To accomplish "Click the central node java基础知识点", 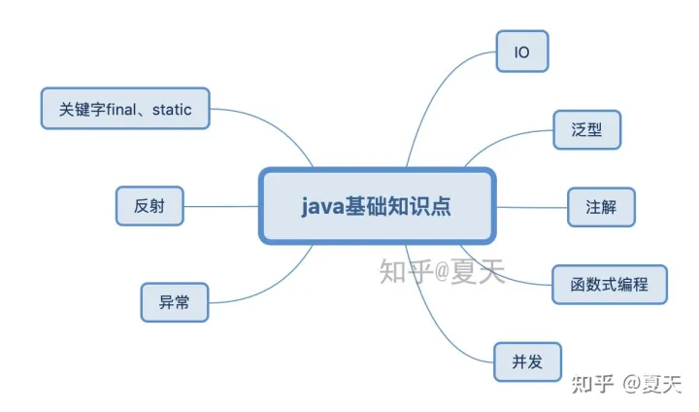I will click(x=377, y=206).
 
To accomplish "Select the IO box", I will click(x=522, y=51).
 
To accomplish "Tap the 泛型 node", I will click(x=587, y=129).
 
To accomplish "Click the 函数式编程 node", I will click(x=610, y=285).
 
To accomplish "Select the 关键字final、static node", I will click(x=125, y=109).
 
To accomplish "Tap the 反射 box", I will click(x=149, y=206).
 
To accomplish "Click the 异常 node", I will click(x=175, y=301).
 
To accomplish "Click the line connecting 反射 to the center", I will click(x=220, y=206).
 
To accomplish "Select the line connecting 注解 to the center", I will click(x=532, y=206).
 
